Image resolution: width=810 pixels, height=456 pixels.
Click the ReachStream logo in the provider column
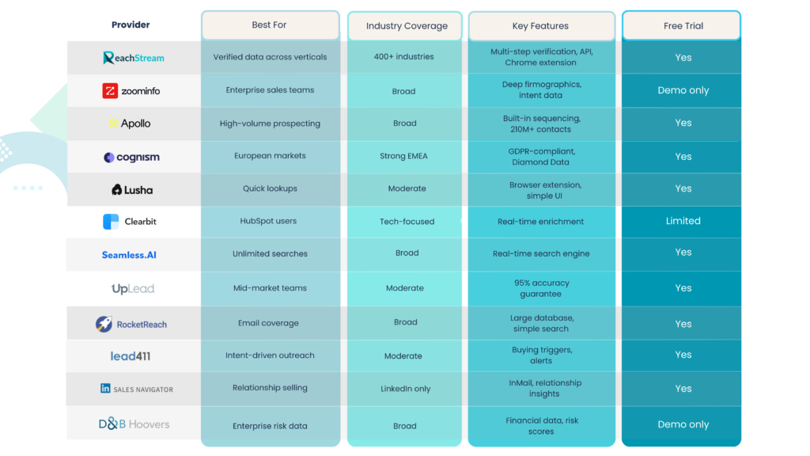[133, 58]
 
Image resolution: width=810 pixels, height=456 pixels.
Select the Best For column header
[270, 25]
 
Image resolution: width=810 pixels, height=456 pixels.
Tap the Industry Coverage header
[406, 26]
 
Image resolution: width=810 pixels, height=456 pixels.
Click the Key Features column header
[541, 26]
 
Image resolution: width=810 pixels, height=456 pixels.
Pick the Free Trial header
[683, 26]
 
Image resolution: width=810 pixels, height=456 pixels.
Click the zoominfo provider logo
[131, 91]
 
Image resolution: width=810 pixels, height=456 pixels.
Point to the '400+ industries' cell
[404, 57]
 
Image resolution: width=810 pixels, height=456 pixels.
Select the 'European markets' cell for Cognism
[270, 156]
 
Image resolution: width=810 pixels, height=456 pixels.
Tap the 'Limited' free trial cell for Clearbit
[683, 221]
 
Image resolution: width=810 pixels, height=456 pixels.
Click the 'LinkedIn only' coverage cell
[404, 389]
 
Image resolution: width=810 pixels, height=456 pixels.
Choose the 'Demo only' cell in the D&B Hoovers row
[683, 424]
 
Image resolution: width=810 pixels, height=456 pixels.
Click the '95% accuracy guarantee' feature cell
[541, 288]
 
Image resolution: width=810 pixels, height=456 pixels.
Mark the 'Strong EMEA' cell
[403, 156]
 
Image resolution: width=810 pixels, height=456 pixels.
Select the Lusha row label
[132, 190]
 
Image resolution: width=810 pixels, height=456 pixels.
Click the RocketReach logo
[131, 324]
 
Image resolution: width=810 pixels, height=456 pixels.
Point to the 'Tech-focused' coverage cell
[407, 222]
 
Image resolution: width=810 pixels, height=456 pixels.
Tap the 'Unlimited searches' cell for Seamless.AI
[270, 254]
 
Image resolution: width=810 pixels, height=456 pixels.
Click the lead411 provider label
[131, 356]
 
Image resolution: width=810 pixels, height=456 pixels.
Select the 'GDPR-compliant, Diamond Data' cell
[541, 156]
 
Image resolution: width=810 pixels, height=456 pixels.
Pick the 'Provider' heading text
[131, 25]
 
